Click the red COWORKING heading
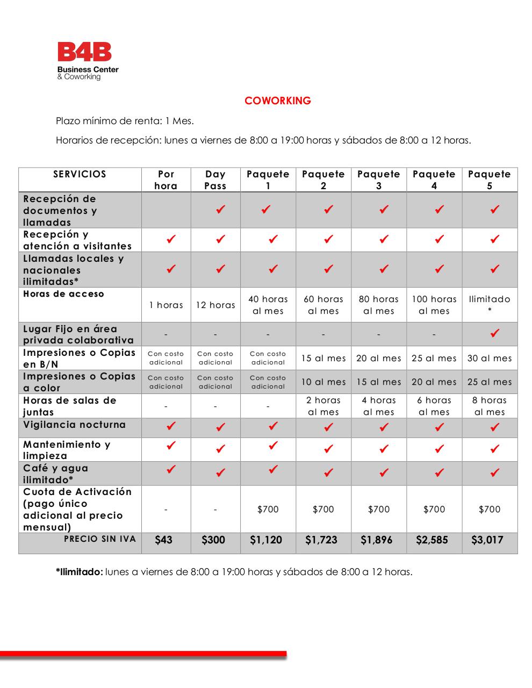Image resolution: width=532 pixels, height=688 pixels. click(277, 101)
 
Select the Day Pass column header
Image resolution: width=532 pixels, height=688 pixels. click(215, 180)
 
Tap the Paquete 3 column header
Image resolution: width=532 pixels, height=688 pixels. click(378, 180)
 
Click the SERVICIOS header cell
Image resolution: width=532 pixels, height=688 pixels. click(80, 174)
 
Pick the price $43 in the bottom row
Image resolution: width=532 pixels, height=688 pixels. click(163, 540)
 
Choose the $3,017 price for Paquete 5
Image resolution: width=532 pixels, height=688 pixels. click(487, 540)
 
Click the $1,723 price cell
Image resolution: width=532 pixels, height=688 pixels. click(321, 540)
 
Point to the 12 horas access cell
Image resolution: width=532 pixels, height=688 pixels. click(215, 305)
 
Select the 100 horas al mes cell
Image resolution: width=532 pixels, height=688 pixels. click(434, 305)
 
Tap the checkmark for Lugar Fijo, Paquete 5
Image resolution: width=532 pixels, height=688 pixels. click(495, 333)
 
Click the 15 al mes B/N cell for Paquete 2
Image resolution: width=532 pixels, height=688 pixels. click(323, 359)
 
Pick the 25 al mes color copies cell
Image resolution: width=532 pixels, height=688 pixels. click(490, 382)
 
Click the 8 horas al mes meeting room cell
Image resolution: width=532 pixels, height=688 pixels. click(490, 406)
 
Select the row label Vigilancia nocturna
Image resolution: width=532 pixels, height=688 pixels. click(74, 425)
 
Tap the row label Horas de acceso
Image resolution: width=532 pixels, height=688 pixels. click(63, 294)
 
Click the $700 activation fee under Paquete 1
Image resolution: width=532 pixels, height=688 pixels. click(268, 510)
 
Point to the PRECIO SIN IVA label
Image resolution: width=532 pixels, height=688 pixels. click(99, 539)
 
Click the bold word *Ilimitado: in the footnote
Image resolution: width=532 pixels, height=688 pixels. click(79, 572)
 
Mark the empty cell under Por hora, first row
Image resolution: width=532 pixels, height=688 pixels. click(166, 210)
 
